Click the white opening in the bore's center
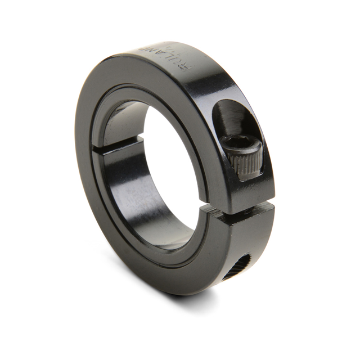(x=169, y=169)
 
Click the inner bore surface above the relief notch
(x=121, y=121)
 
